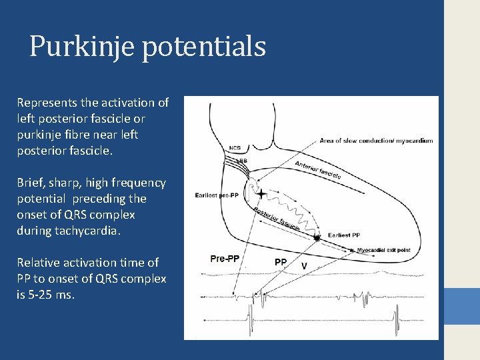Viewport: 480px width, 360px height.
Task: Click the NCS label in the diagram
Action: [x=235, y=148]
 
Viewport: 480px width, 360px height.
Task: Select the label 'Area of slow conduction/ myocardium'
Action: [x=376, y=141]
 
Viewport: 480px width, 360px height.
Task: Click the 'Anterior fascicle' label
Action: [x=318, y=170]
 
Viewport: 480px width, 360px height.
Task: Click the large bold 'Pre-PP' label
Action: [x=225, y=258]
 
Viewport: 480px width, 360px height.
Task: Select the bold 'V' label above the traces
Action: [x=304, y=265]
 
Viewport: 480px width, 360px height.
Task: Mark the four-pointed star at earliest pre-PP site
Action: [x=261, y=194]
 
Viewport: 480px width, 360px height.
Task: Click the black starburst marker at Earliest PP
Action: [x=317, y=237]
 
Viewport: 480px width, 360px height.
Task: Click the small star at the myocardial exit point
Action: [x=352, y=250]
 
